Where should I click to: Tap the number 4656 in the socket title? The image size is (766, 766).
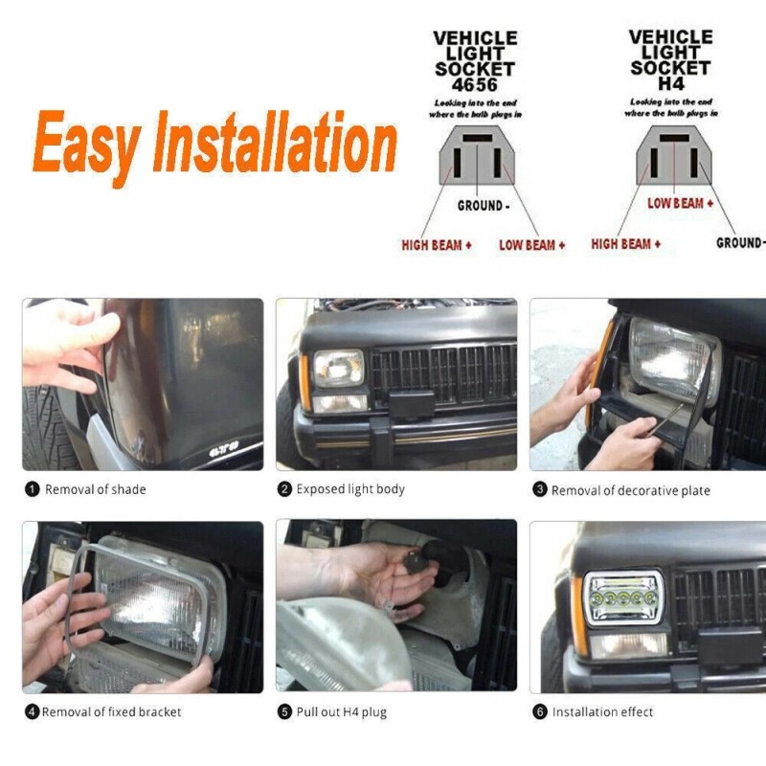point(475,84)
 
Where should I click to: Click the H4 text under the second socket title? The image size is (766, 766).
point(670,83)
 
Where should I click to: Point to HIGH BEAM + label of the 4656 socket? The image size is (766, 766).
point(436,245)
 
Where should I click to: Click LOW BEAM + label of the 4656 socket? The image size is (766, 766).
point(531,245)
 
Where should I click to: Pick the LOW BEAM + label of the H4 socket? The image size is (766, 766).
point(680,203)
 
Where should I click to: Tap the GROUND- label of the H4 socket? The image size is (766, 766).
point(740,243)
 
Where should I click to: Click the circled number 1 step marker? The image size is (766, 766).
point(32,489)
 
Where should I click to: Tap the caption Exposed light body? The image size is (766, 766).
point(350,489)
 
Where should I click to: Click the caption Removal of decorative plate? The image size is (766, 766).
point(630,490)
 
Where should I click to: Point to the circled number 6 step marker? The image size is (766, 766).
point(540,711)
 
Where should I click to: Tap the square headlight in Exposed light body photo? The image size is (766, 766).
point(339,369)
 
